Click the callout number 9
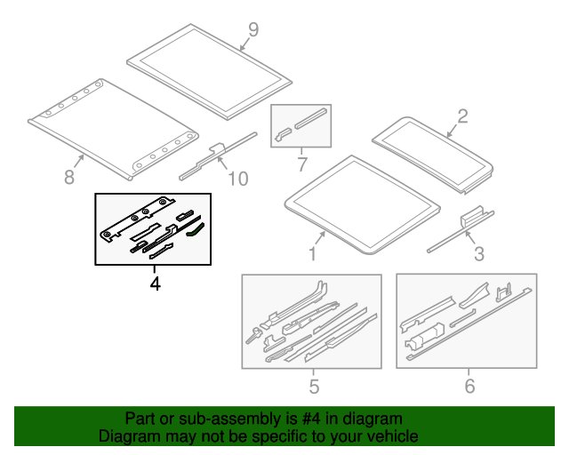click(x=252, y=29)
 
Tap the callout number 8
click(x=69, y=178)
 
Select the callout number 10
click(x=236, y=180)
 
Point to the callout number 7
click(x=301, y=164)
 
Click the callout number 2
click(x=461, y=115)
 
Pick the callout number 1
click(x=311, y=255)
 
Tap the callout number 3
click(x=478, y=255)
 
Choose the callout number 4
click(x=155, y=284)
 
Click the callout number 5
click(x=313, y=386)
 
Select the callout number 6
click(x=469, y=386)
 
